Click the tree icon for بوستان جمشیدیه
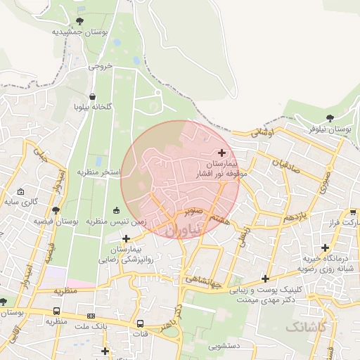point(79,21)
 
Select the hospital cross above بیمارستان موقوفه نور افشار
point(222,153)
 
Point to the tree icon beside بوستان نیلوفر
point(330,118)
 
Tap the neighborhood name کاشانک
point(307,327)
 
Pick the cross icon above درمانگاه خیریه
point(325,247)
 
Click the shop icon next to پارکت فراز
point(353,212)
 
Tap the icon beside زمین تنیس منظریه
point(117,210)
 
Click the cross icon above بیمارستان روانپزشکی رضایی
point(126,238)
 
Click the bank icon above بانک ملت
point(91,316)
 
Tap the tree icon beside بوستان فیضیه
point(56,210)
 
